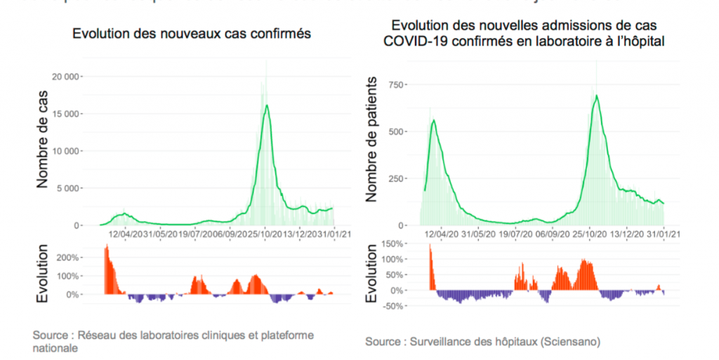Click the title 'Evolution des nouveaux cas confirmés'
(x=192, y=34)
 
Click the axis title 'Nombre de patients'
(x=371, y=139)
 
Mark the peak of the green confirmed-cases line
(x=267, y=105)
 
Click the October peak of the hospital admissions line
(x=597, y=95)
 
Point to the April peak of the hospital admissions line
(x=434, y=120)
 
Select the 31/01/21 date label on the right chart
(x=663, y=234)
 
